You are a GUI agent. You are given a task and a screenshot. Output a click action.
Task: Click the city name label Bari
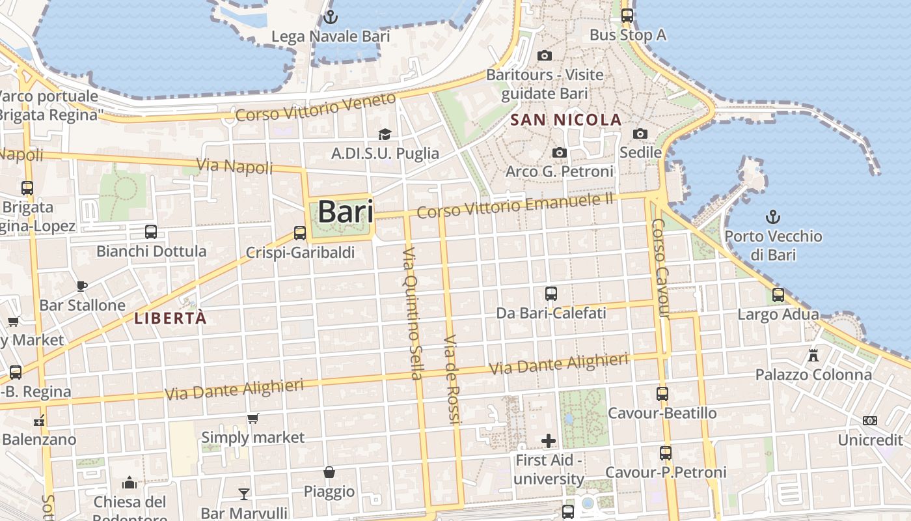(x=346, y=212)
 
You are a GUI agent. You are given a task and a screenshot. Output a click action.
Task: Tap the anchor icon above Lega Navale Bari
(x=331, y=16)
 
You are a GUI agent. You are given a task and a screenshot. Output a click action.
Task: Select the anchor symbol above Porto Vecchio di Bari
(x=773, y=216)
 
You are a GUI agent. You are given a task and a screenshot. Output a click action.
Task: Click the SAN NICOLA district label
(x=566, y=120)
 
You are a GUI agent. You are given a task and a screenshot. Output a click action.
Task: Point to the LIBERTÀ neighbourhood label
(x=170, y=318)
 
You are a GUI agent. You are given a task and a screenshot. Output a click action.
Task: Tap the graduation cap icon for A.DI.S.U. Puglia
(x=385, y=134)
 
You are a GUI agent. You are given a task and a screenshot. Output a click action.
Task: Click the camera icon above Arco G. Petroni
(x=559, y=152)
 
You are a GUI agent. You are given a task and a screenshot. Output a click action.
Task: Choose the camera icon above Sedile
(x=640, y=134)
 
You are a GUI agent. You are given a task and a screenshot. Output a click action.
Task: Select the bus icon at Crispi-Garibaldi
(x=300, y=232)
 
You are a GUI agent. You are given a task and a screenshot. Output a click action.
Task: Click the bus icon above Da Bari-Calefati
(x=551, y=293)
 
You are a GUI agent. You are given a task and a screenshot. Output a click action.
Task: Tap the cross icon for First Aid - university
(x=549, y=441)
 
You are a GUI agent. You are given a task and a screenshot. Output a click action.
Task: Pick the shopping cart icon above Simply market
(x=252, y=418)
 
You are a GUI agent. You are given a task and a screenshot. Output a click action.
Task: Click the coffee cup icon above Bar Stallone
(x=82, y=285)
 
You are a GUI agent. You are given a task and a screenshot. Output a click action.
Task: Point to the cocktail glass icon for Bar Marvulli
(x=244, y=493)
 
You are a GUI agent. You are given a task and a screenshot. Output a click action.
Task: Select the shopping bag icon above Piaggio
(x=329, y=472)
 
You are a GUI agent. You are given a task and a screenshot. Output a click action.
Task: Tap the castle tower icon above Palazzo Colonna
(x=813, y=355)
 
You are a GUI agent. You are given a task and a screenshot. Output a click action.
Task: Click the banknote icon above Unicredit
(x=870, y=421)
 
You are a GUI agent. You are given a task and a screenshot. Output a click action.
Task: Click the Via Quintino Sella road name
(x=413, y=313)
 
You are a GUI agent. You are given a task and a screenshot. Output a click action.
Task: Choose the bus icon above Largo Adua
(x=778, y=295)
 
